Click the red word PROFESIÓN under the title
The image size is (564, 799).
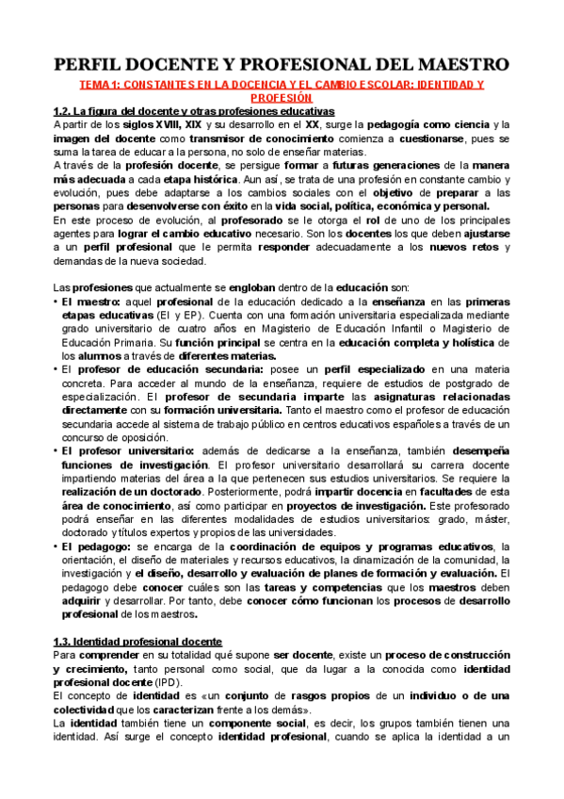point(282,97)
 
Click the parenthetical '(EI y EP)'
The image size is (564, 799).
point(147,316)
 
